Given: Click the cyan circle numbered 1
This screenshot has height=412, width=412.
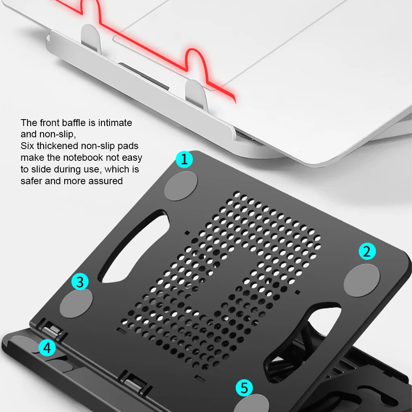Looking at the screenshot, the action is pyautogui.click(x=184, y=159).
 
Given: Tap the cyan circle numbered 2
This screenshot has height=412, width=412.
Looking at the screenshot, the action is pyautogui.click(x=367, y=251).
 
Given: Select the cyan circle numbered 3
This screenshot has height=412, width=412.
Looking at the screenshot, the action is pyautogui.click(x=80, y=282).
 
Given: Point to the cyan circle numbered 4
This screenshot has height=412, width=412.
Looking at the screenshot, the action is pyautogui.click(x=47, y=348).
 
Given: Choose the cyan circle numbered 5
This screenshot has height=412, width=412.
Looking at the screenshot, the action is pyautogui.click(x=244, y=388).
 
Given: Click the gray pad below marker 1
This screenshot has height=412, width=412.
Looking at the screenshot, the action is pyautogui.click(x=181, y=186).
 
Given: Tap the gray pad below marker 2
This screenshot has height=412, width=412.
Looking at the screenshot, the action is pyautogui.click(x=362, y=280).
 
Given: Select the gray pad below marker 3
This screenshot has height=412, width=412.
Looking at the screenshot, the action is pyautogui.click(x=76, y=303).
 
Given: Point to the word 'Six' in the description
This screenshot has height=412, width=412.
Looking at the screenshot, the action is pyautogui.click(x=27, y=146).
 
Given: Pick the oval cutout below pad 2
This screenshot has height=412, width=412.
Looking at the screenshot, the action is pyautogui.click(x=302, y=342).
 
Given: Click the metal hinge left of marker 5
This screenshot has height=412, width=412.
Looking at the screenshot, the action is pyautogui.click(x=135, y=384).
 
